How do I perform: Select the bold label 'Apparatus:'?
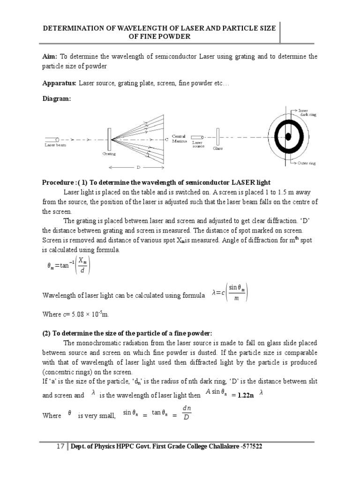[x=59, y=82]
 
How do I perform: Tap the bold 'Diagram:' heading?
[x=56, y=99]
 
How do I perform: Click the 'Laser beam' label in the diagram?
[x=55, y=145]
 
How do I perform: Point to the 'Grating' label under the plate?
[x=109, y=153]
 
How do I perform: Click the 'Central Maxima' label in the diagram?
[x=179, y=138]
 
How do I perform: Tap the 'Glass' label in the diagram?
[x=218, y=148]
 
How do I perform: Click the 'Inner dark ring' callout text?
[x=307, y=112]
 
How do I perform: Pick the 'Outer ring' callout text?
[x=307, y=163]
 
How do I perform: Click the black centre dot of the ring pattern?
[x=288, y=136]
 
